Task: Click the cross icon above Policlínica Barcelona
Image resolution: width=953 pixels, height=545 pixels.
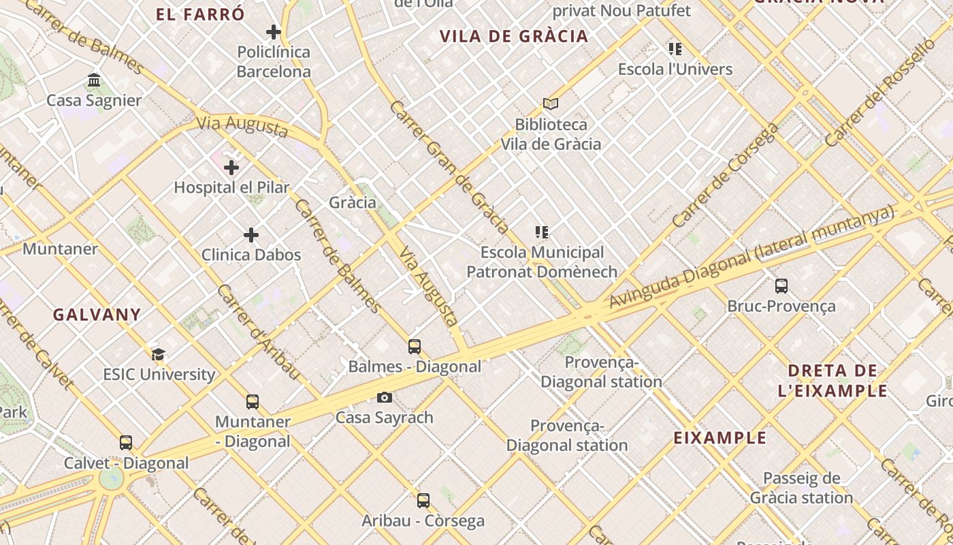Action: [274, 32]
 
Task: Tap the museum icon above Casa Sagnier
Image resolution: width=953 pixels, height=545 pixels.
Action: [94, 80]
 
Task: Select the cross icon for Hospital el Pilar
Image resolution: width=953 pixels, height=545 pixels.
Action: [231, 167]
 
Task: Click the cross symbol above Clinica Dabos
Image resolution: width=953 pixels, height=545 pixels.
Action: [251, 235]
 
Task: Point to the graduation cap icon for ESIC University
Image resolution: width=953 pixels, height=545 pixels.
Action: [158, 354]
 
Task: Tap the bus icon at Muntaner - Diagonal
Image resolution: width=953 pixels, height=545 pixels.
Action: [253, 402]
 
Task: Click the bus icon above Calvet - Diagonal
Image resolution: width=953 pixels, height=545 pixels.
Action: [126, 443]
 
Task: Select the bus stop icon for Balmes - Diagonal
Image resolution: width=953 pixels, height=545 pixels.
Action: [415, 347]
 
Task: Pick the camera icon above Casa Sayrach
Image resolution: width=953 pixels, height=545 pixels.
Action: [385, 397]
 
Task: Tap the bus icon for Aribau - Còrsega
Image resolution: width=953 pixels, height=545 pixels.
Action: [423, 501]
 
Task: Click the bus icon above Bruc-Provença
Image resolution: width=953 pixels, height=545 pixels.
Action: [781, 286]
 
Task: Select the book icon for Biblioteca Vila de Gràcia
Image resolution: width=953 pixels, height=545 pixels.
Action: [551, 104]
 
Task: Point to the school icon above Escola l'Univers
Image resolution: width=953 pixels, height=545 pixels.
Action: [675, 49]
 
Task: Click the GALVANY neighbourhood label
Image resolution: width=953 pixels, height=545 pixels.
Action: [97, 315]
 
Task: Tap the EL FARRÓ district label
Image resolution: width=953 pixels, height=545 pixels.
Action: [200, 14]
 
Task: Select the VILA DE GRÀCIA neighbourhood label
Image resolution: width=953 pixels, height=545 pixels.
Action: [514, 37]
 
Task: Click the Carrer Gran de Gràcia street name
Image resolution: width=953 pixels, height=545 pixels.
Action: [449, 168]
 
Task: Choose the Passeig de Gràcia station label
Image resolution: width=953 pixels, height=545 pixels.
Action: [801, 488]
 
